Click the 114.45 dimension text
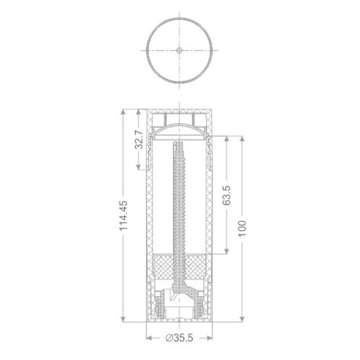(124, 215)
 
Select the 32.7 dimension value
(139, 139)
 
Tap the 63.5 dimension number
(226, 196)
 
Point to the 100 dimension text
(242, 229)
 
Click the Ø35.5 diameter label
(179, 338)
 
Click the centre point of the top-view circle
(179, 50)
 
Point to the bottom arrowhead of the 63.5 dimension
(226, 253)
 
